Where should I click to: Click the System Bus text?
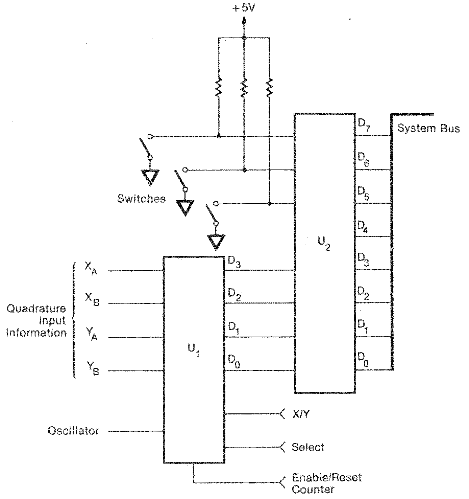click(x=428, y=129)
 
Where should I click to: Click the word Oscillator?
click(x=73, y=431)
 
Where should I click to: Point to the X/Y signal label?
click(x=300, y=414)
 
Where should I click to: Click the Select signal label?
click(x=308, y=448)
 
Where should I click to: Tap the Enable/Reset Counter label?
click(x=326, y=483)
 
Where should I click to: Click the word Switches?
click(x=141, y=199)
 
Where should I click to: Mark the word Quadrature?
click(x=36, y=309)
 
